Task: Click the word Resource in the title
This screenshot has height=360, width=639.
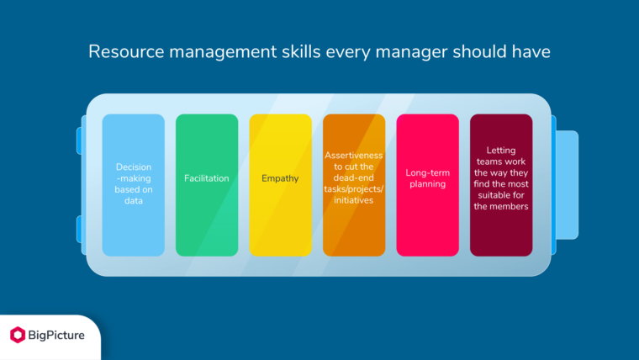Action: point(121,52)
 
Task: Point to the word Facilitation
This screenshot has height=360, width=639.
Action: point(207,178)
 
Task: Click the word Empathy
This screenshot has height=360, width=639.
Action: point(280,178)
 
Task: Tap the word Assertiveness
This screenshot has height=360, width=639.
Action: point(354,156)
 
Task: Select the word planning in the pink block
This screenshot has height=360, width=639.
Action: point(427,184)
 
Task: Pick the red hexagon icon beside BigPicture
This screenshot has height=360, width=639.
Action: point(18,335)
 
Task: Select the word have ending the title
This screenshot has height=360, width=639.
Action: point(532,52)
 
